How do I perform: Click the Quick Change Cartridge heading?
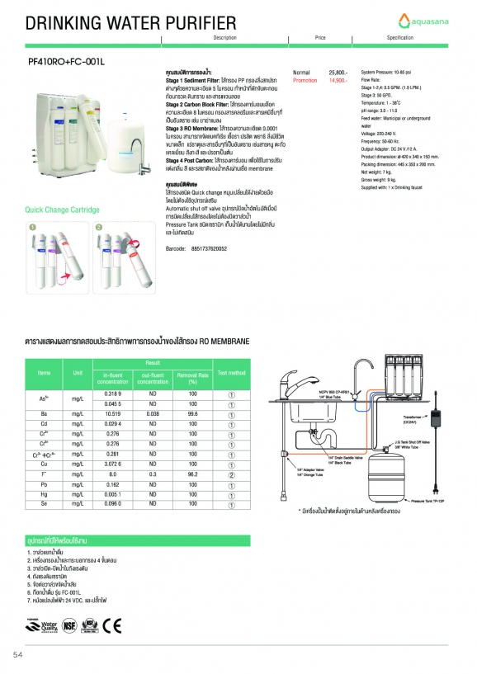(x=62, y=210)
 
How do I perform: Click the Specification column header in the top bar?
(x=399, y=38)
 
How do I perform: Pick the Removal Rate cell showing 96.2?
(x=193, y=475)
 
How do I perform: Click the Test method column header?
(x=230, y=373)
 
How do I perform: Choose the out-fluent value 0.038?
(x=153, y=413)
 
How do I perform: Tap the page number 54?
(x=17, y=654)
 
